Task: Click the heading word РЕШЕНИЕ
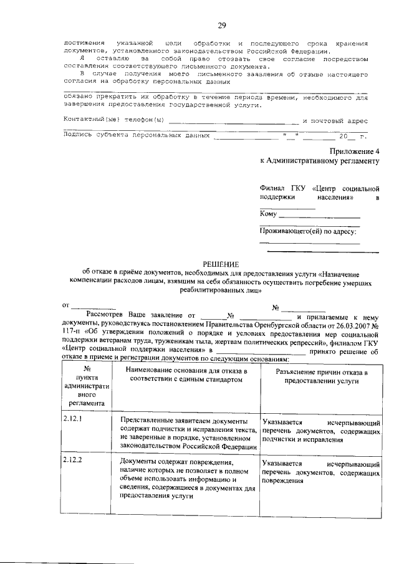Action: [x=221, y=264]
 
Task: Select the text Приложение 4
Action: [x=354, y=151]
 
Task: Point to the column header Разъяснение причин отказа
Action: [x=320, y=375]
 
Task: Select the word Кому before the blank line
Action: [x=269, y=214]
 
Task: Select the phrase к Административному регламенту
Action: [x=320, y=161]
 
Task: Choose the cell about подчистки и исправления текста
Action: [x=188, y=433]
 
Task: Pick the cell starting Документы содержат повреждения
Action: [x=188, y=479]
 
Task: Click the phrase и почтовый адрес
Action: [x=335, y=120]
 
